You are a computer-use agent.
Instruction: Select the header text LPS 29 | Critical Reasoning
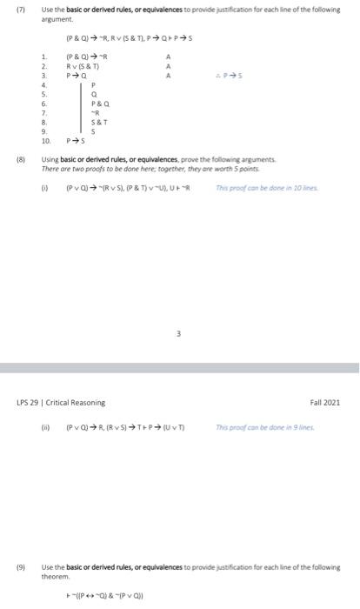click(x=62, y=402)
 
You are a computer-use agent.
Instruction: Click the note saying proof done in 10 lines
click(x=283, y=186)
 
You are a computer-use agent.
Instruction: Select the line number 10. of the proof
click(x=46, y=140)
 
